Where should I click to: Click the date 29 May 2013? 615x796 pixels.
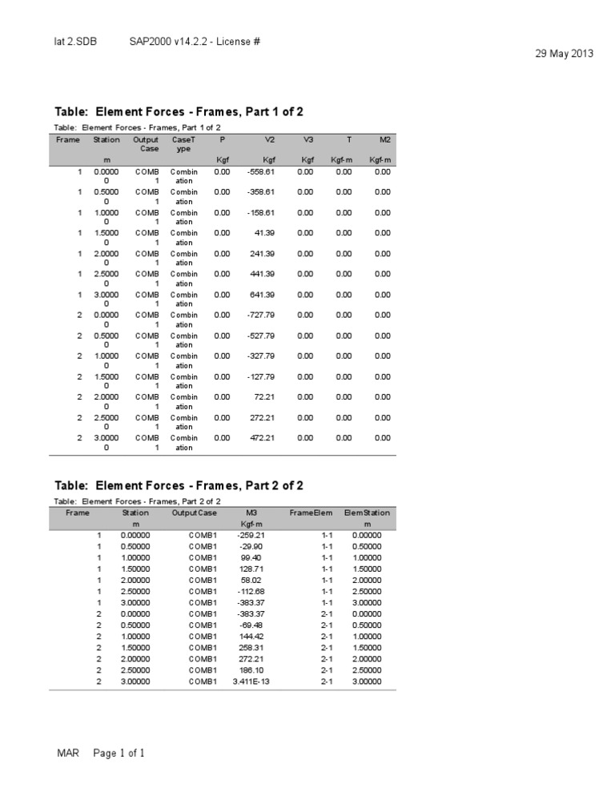(x=562, y=54)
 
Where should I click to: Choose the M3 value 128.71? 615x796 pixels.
(x=251, y=569)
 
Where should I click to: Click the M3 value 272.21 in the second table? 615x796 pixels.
(x=251, y=659)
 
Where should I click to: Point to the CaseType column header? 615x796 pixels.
(x=183, y=144)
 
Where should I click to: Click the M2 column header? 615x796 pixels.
(x=384, y=139)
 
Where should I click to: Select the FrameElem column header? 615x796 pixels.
(x=311, y=513)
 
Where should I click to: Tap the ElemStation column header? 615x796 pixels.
(x=367, y=513)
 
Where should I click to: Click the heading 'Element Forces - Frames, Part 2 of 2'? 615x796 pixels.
(x=179, y=486)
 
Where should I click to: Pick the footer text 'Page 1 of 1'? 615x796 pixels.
(x=119, y=754)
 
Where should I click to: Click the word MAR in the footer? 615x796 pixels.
(x=68, y=754)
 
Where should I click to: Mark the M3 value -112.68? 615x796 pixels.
(x=251, y=591)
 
